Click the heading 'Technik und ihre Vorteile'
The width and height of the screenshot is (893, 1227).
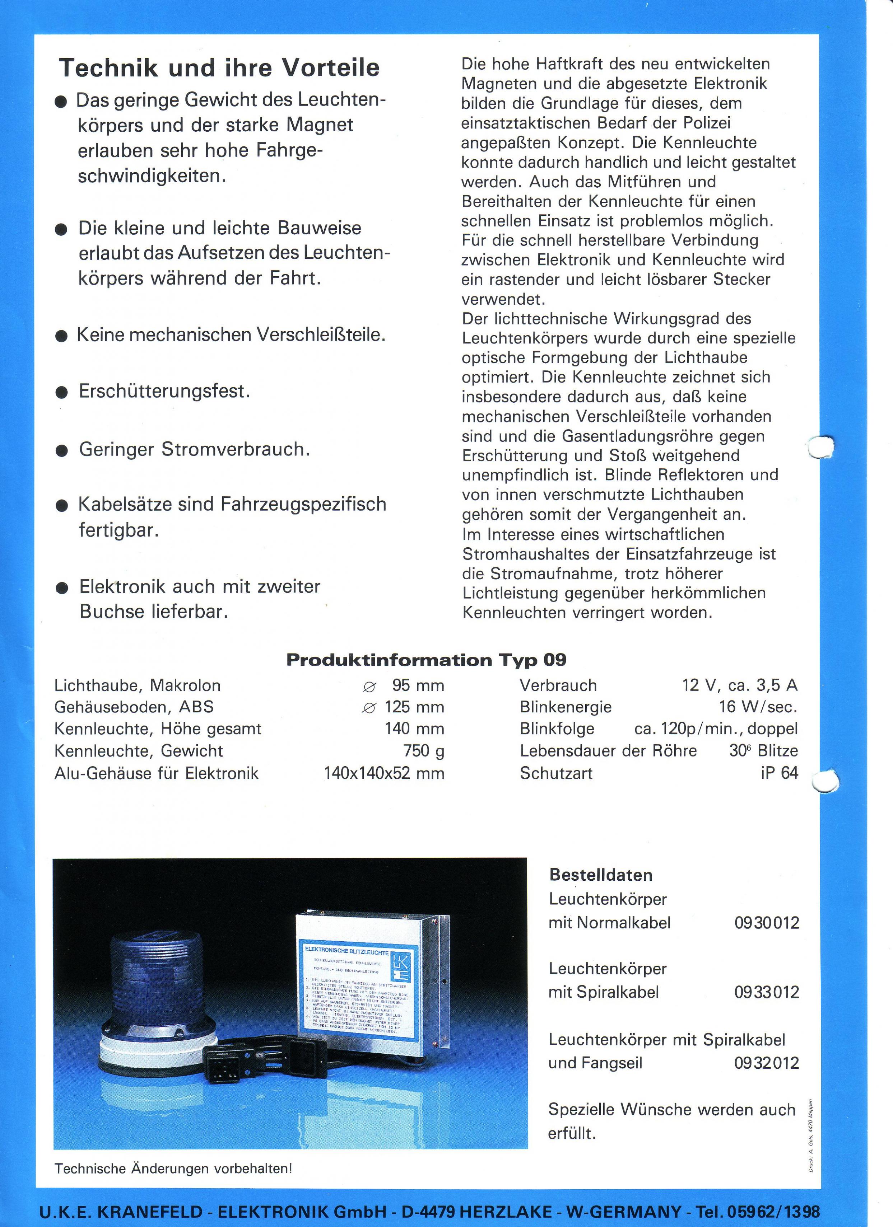point(219,69)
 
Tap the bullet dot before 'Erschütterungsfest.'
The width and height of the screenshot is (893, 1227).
point(62,392)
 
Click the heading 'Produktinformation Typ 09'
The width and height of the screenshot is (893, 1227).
point(426,660)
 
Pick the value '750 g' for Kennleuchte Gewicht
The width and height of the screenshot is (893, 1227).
point(423,750)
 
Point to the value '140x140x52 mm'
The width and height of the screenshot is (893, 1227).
point(384,773)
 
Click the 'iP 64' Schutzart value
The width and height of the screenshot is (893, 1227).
point(779,773)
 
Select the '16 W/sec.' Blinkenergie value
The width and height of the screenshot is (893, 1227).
point(758,707)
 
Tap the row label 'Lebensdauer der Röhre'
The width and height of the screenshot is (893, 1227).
point(608,750)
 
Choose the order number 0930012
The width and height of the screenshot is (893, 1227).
point(766,922)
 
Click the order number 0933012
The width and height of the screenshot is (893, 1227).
point(766,992)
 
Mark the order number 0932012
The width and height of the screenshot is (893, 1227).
point(766,1063)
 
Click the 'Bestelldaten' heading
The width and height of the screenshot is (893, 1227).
point(601,875)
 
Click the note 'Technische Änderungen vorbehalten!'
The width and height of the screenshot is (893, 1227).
point(173,1168)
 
